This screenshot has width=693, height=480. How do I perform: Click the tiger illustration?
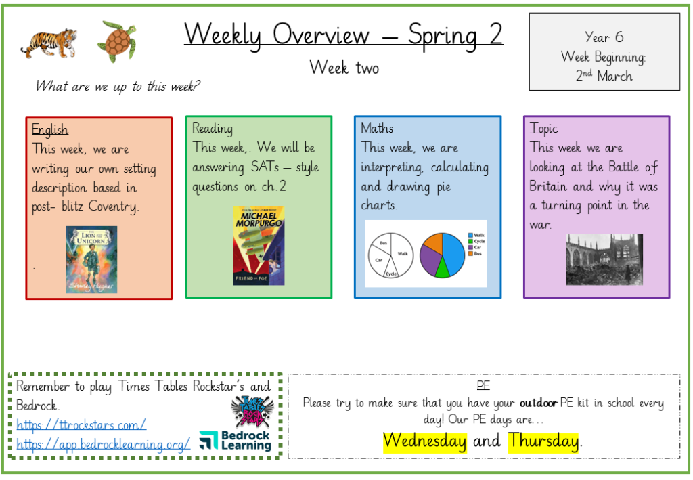point(49,43)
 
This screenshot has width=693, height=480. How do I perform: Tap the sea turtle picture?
point(117,41)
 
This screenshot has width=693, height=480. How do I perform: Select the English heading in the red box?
point(50,129)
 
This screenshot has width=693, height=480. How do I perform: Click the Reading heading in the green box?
point(212,128)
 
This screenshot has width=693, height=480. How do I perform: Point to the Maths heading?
point(377,128)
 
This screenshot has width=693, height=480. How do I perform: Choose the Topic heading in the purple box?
point(543,128)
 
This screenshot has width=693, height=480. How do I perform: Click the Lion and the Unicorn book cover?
point(91,259)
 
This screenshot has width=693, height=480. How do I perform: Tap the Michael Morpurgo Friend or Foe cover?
point(259,246)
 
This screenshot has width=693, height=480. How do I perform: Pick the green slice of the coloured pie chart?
point(442,268)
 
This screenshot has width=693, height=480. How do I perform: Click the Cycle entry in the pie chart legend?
point(476,241)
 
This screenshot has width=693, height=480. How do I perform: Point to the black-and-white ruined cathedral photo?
point(604,260)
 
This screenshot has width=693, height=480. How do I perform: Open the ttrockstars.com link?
point(81,424)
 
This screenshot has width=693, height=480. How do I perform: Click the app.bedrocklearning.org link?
point(104,443)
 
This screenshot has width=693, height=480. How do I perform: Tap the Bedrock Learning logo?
point(235,440)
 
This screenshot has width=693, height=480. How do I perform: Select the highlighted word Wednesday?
point(425,441)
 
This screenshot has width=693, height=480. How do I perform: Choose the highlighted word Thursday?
point(543,441)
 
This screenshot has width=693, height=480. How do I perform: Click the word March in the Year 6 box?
point(614,76)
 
